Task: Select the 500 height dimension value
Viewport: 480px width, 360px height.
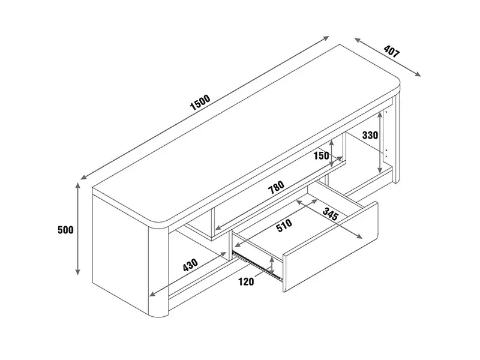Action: (x=65, y=230)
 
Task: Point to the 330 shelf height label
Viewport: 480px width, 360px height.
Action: (x=370, y=135)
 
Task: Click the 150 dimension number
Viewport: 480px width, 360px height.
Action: (x=322, y=155)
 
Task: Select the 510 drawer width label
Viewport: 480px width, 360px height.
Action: (x=284, y=225)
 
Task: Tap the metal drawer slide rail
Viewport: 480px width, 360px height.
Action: (x=258, y=266)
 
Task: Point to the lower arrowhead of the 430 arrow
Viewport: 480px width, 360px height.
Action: (x=151, y=296)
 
